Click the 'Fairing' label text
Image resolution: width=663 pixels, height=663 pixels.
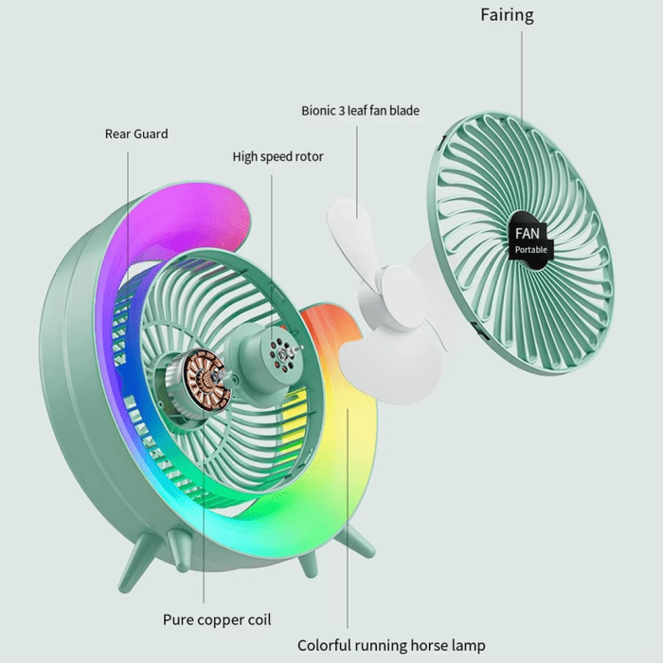pyautogui.click(x=507, y=15)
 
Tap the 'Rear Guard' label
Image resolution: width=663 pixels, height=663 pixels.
pyautogui.click(x=136, y=134)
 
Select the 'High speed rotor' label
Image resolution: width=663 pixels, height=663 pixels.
pyautogui.click(x=278, y=156)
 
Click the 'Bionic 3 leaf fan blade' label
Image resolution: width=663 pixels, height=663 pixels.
pyautogui.click(x=360, y=111)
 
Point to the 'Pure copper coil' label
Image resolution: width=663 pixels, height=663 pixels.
pyautogui.click(x=217, y=619)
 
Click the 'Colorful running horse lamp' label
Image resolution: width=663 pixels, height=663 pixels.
pyautogui.click(x=391, y=645)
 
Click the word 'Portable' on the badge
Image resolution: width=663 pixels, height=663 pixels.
pyautogui.click(x=531, y=250)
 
